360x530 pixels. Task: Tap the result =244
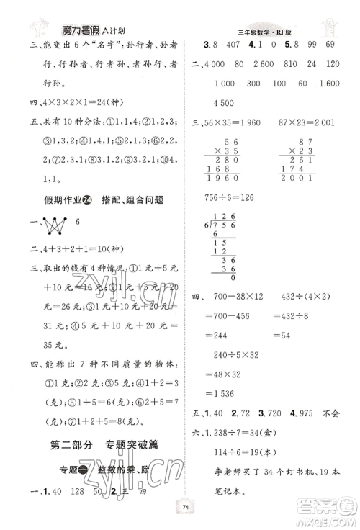pos(222,355)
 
